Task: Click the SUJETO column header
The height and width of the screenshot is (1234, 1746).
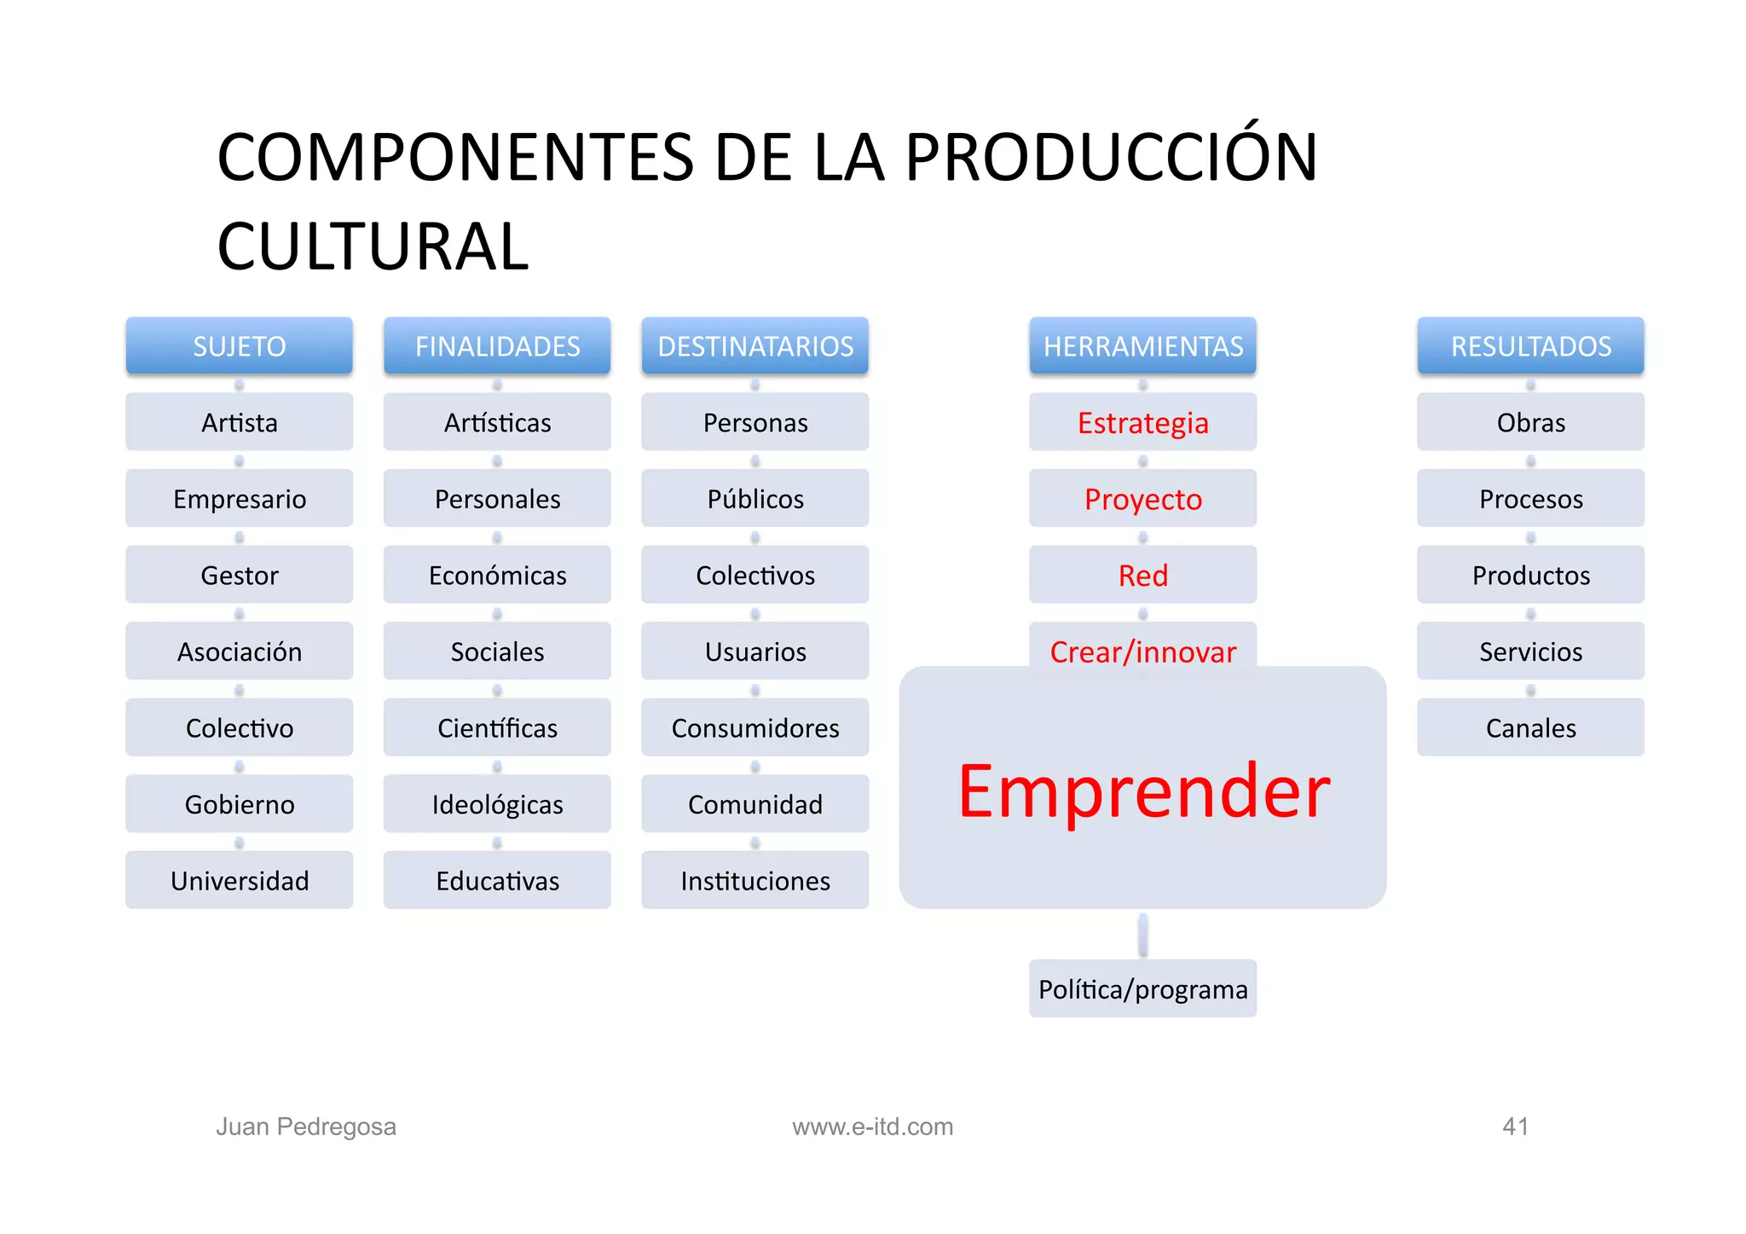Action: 239,346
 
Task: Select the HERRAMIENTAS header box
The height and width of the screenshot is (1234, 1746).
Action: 1142,346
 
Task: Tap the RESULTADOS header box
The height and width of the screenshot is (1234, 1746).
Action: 1530,346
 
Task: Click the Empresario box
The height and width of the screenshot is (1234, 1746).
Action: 239,499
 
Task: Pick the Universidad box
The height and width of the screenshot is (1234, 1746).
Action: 239,881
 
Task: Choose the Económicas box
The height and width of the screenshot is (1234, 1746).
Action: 497,576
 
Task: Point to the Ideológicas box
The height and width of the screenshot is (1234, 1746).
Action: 497,804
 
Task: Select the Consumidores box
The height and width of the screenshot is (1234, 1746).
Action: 754,728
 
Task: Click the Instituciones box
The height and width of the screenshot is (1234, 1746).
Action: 754,881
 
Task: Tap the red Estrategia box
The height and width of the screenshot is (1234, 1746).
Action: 1142,423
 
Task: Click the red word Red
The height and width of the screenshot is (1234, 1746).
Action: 1142,576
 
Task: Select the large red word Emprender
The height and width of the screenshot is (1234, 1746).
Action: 1142,791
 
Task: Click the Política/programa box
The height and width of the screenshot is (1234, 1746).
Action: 1142,989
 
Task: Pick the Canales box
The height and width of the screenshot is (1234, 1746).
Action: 1530,728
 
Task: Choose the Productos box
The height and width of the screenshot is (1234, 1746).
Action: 1530,576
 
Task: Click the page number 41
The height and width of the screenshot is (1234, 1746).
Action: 1515,1127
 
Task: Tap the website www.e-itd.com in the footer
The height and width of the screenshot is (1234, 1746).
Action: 872,1127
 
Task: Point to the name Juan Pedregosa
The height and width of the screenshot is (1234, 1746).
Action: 306,1127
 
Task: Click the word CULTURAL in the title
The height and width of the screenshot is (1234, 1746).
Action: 373,246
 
